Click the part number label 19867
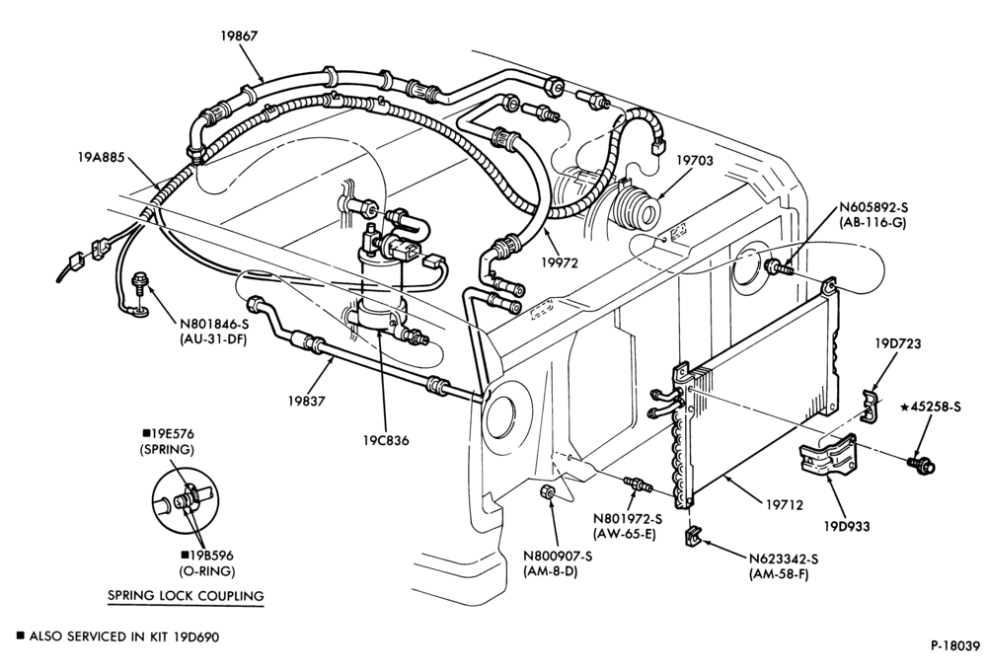(239, 36)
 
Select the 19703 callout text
(695, 161)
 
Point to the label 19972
(559, 262)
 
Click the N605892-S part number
(873, 208)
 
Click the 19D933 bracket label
(847, 526)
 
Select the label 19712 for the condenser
(785, 504)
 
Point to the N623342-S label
(783, 559)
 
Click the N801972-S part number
(628, 519)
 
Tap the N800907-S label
(559, 557)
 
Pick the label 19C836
(386, 441)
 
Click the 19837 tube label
(307, 401)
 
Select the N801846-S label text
(216, 325)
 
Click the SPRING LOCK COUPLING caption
(186, 595)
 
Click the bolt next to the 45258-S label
(921, 464)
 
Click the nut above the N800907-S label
(547, 492)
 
